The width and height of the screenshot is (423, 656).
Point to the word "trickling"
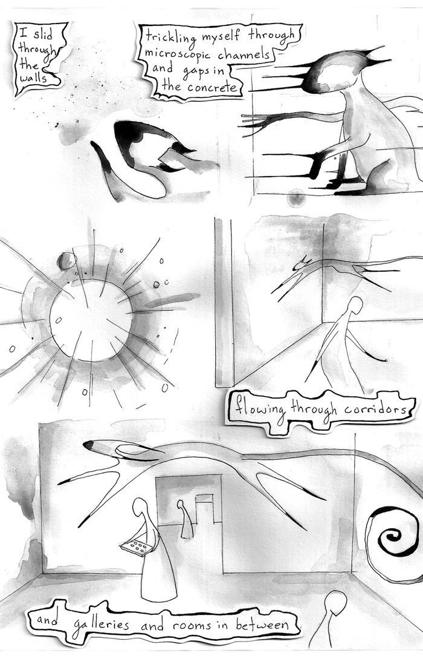click(x=170, y=38)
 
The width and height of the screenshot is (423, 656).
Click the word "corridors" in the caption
click(x=375, y=409)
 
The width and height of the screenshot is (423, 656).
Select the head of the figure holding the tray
click(x=138, y=507)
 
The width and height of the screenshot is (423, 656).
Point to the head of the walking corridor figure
click(x=356, y=305)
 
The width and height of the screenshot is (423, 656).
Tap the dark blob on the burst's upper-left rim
click(x=66, y=261)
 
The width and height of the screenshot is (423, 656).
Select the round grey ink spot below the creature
click(x=297, y=197)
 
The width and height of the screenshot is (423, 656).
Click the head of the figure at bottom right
click(x=336, y=603)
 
